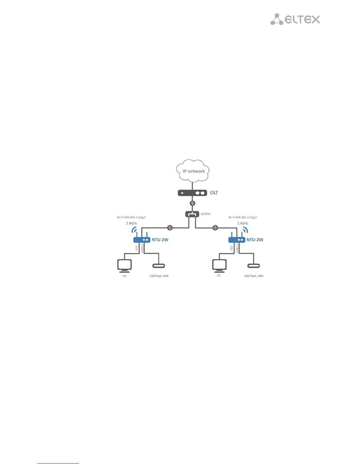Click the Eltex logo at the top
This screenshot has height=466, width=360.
[295, 19]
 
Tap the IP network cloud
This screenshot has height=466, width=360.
[193, 171]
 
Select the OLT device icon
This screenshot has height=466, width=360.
[192, 193]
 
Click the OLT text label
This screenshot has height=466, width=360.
[214, 193]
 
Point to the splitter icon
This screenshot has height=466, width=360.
[192, 214]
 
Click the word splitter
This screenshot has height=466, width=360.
[206, 214]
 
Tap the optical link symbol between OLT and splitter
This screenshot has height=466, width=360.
[192, 203]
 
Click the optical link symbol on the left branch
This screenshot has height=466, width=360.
[170, 228]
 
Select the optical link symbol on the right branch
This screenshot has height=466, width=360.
[215, 228]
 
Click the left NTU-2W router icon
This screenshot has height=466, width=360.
[142, 239]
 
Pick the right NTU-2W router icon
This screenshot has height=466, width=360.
[237, 239]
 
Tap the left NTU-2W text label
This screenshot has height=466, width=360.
[160, 240]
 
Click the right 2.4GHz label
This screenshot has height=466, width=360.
[243, 223]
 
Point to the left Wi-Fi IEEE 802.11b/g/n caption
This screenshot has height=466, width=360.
[131, 217]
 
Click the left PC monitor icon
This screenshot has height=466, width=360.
[124, 266]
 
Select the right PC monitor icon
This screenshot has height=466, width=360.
[219, 265]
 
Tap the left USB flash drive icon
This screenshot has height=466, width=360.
[159, 266]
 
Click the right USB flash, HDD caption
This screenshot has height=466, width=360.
[254, 276]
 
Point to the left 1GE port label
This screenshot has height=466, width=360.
[136, 248]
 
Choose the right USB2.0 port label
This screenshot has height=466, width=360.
[237, 248]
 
